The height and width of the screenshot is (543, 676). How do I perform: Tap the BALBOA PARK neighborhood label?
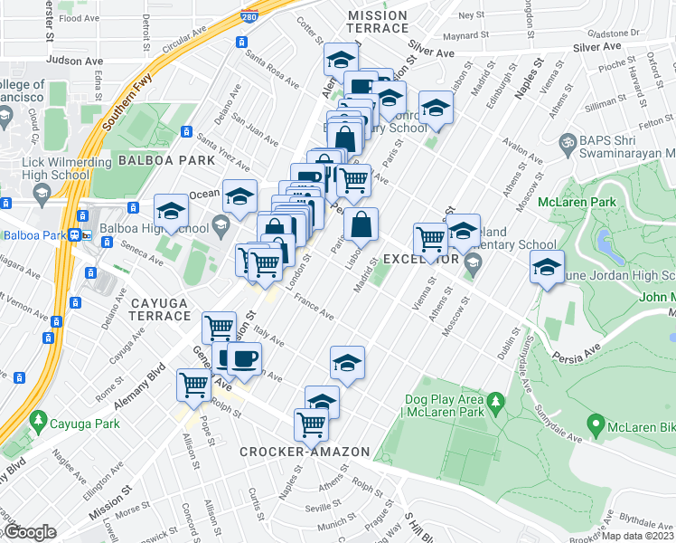(x=166, y=160)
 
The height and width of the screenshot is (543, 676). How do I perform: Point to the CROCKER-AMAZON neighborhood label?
(x=305, y=452)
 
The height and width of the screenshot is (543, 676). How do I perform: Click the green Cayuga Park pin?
(x=37, y=421)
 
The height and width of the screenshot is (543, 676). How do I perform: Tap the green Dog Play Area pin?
(x=494, y=400)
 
